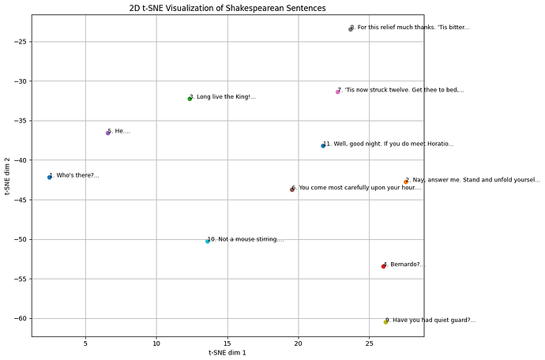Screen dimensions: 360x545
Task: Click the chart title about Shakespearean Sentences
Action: coord(227,7)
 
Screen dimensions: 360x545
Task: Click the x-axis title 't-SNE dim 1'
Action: coord(227,352)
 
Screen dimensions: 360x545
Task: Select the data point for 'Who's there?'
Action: coord(49,177)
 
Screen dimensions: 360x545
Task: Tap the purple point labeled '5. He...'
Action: coord(108,133)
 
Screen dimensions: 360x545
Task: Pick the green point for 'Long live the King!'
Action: coord(190,99)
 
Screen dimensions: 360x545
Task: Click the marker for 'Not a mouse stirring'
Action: coord(208,241)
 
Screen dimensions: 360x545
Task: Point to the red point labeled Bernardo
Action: coord(383,266)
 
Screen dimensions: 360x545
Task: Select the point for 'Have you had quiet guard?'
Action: coord(386,321)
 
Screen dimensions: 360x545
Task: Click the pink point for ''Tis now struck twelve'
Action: coord(337,92)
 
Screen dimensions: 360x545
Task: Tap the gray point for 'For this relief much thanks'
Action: coord(351,28)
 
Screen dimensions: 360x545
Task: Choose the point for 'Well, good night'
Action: coord(323,145)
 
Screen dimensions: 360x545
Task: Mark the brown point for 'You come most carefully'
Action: coord(292,189)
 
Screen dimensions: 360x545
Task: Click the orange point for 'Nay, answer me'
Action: coord(406,182)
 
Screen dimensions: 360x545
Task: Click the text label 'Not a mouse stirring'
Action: coord(247,239)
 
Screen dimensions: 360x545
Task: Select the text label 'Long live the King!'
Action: coord(224,97)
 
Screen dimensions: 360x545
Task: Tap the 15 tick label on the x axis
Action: coord(227,343)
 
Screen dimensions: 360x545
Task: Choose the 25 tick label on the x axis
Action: coord(370,343)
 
